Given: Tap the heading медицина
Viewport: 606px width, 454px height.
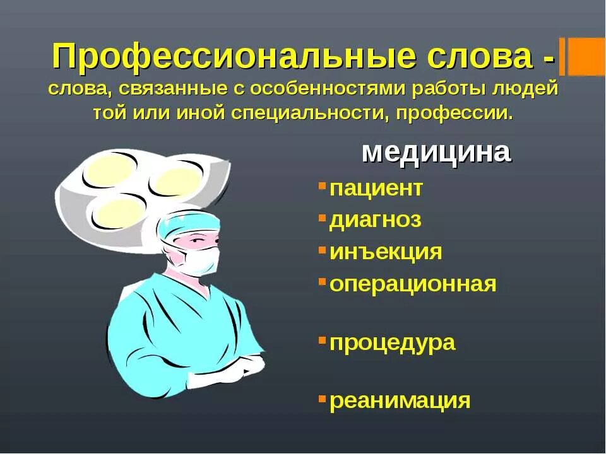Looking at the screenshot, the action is [436, 153].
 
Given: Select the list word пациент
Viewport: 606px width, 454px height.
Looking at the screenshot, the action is [376, 188].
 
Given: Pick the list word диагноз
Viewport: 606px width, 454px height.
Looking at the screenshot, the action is [375, 220].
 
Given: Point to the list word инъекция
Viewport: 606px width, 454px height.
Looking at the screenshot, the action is [385, 252].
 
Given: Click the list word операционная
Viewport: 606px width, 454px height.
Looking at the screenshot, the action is [413, 284].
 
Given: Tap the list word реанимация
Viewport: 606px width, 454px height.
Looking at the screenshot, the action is [400, 400].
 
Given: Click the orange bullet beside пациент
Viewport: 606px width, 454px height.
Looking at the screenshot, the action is [322, 186].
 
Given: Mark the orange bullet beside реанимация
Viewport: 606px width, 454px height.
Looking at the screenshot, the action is [322, 399].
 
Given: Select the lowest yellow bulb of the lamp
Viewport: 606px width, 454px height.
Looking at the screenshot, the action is [121, 213].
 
